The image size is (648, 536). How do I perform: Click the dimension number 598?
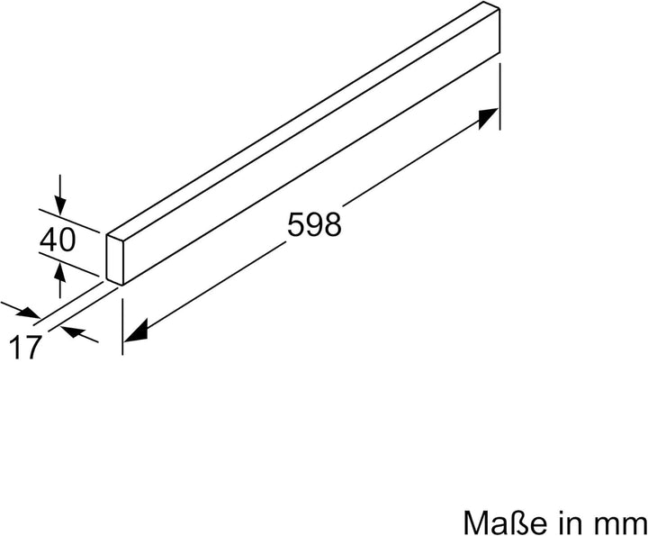click(x=314, y=223)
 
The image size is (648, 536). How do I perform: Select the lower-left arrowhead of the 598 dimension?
click(x=134, y=332)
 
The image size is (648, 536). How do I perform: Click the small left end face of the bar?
click(x=114, y=259)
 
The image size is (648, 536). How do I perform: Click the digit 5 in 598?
click(x=296, y=223)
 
